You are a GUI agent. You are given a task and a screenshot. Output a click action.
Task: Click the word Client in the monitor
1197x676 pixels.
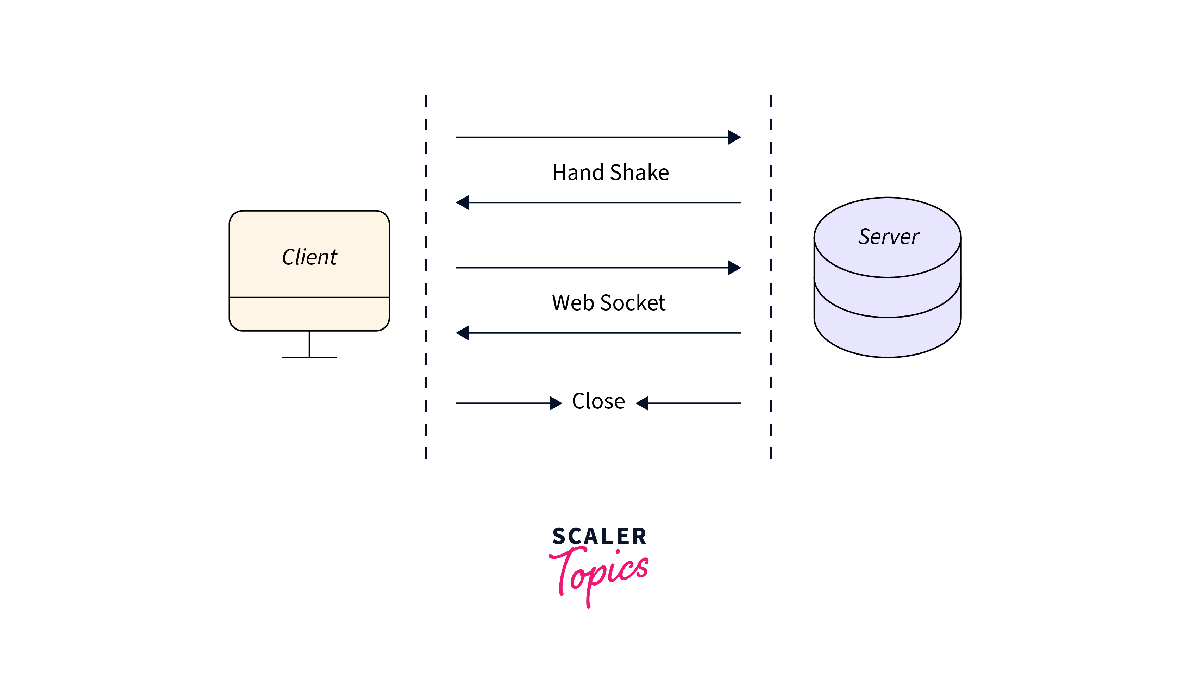309,257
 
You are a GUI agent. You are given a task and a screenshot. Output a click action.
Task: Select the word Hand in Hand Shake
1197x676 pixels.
578,173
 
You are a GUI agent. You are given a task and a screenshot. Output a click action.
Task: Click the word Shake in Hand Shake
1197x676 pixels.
640,173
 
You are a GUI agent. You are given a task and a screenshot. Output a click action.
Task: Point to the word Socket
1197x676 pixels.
633,303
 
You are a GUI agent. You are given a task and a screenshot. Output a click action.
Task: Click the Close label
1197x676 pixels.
598,401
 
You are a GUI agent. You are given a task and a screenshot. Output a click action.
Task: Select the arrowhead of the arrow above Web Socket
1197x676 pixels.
734,268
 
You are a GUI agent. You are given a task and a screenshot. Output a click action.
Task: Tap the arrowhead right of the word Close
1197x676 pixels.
642,403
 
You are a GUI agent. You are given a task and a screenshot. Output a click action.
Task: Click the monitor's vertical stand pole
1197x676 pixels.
309,344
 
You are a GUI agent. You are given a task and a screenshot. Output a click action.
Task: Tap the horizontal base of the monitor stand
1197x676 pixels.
309,357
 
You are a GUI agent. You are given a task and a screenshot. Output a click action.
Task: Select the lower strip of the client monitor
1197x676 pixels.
309,314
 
